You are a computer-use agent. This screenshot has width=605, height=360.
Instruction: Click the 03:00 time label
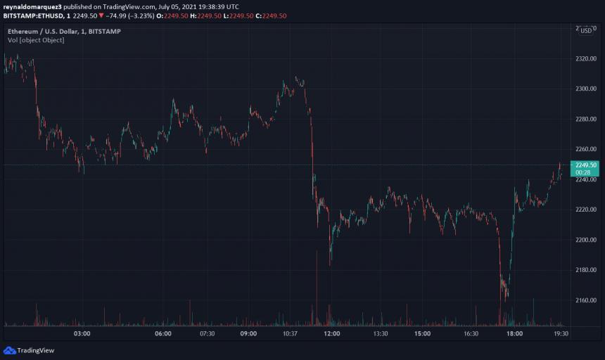(x=82, y=334)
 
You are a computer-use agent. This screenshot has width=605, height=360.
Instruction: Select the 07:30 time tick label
(x=207, y=334)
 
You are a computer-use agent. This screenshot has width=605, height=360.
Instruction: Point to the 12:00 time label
(x=332, y=334)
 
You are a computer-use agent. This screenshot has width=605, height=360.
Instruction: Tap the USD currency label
(x=585, y=30)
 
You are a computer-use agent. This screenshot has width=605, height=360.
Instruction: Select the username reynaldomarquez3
(x=32, y=6)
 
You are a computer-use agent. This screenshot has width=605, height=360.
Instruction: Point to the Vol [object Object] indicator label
(x=36, y=40)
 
